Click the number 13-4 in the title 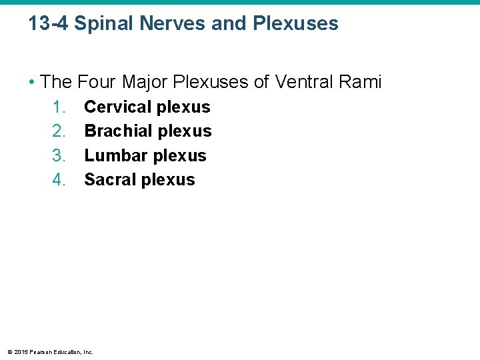(48, 24)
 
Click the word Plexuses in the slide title (295, 24)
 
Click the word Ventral (304, 82)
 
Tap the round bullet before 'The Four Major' (32, 83)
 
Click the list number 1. (59, 107)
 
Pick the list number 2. (59, 131)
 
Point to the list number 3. (59, 155)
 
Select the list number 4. (59, 180)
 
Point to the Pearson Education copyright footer (50, 352)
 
